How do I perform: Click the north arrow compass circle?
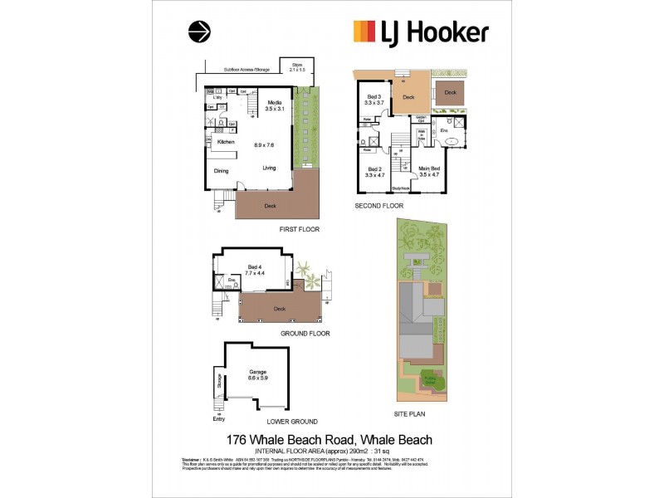click(x=199, y=32)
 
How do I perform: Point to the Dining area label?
click(x=221, y=171)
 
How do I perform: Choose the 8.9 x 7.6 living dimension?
click(x=265, y=144)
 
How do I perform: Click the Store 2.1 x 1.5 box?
click(x=292, y=67)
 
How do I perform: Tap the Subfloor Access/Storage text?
click(x=247, y=70)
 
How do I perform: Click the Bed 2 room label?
click(x=376, y=171)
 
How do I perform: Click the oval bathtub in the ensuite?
click(x=454, y=141)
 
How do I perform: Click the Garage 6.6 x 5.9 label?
click(x=258, y=375)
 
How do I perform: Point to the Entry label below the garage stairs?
click(x=218, y=419)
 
